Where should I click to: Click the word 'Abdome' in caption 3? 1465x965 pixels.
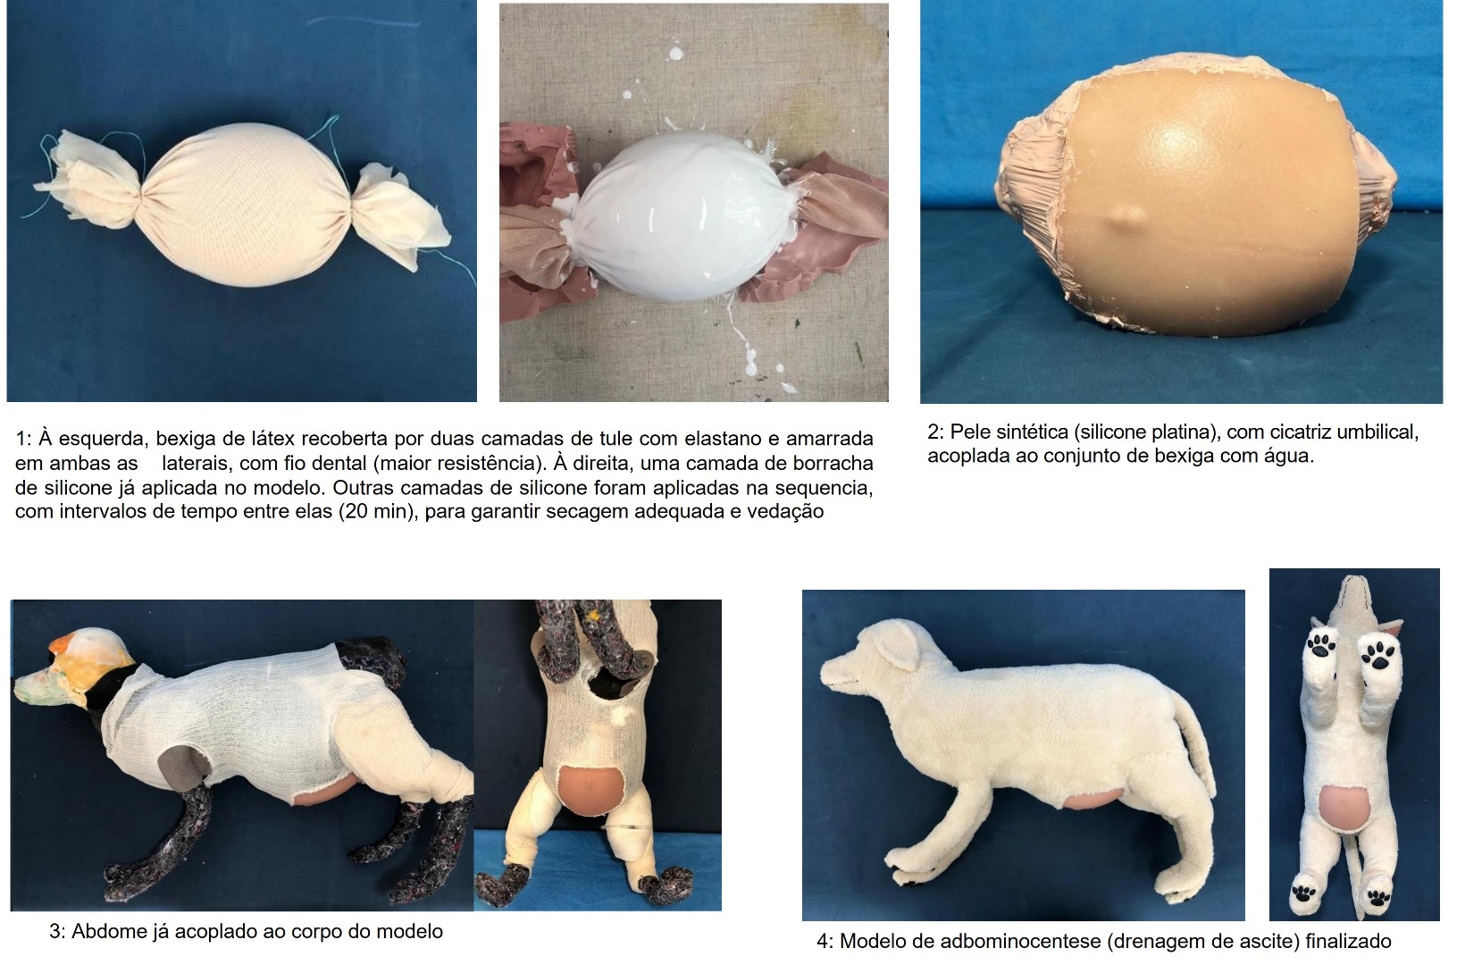point(105,931)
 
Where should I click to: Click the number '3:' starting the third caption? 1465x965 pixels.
point(57,931)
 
